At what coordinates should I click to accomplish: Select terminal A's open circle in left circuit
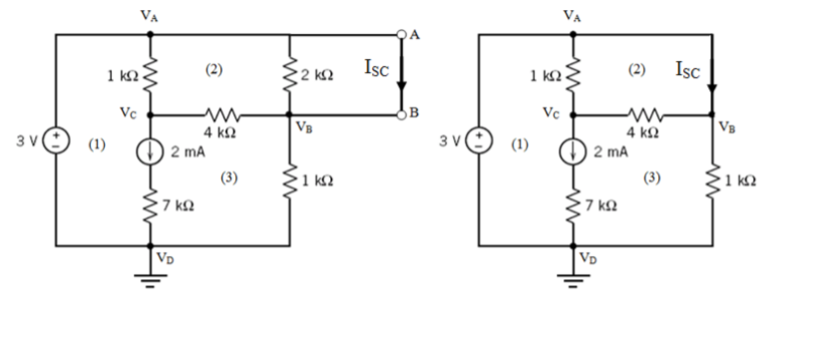pyautogui.click(x=404, y=34)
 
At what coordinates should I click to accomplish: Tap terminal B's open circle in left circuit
pyautogui.click(x=404, y=114)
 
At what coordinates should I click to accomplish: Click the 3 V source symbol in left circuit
pyautogui.click(x=56, y=139)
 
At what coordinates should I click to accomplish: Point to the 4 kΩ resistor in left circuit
pyautogui.click(x=219, y=115)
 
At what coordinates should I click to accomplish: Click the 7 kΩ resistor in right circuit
pyautogui.click(x=574, y=202)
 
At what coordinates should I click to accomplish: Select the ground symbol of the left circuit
pyautogui.click(x=151, y=280)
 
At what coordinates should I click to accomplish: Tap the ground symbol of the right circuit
pyautogui.click(x=574, y=280)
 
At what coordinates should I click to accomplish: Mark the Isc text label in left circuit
pyautogui.click(x=377, y=68)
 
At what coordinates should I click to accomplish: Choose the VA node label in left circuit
pyautogui.click(x=151, y=16)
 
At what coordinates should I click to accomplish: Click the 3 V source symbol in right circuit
pyautogui.click(x=480, y=139)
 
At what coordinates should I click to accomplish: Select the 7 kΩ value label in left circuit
pyautogui.click(x=180, y=205)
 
